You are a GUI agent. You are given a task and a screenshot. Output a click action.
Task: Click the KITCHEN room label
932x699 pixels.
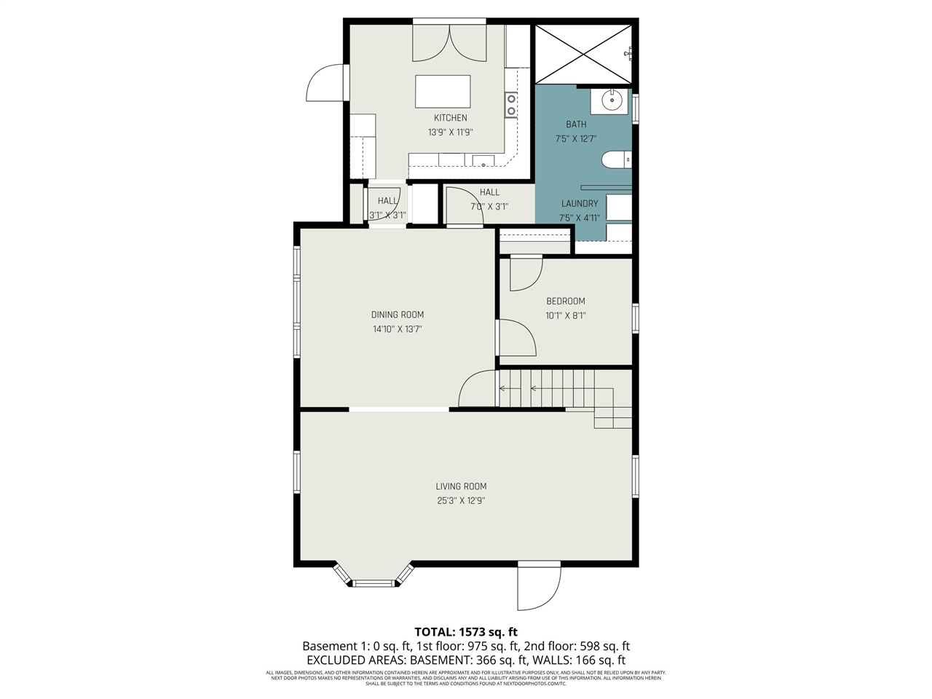[450, 118]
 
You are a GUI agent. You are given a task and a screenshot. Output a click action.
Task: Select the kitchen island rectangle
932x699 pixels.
[443, 92]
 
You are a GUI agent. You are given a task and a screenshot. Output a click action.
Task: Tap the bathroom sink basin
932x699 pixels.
[610, 101]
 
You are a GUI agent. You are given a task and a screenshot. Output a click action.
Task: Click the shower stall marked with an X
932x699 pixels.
[583, 54]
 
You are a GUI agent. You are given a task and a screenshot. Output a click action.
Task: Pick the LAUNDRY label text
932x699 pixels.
[580, 204]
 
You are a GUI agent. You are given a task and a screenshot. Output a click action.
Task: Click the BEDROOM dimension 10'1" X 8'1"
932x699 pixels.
[566, 316]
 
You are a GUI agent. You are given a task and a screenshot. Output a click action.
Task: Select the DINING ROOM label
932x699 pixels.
[397, 315]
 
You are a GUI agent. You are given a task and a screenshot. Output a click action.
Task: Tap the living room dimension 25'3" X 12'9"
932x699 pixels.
[461, 501]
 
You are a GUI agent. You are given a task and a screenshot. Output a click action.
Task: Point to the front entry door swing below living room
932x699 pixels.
[539, 588]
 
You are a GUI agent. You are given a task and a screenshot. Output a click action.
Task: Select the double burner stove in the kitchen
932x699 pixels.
[511, 105]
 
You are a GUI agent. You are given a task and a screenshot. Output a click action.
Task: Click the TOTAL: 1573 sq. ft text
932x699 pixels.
[466, 632]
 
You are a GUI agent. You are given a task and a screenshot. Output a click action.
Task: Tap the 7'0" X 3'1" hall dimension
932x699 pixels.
[489, 207]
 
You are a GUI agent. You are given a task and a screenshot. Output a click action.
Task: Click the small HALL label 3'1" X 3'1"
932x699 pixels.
[387, 201]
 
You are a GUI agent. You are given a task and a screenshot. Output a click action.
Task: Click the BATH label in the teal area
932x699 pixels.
[576, 125]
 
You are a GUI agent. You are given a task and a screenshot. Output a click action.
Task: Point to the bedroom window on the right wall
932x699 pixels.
[635, 318]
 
